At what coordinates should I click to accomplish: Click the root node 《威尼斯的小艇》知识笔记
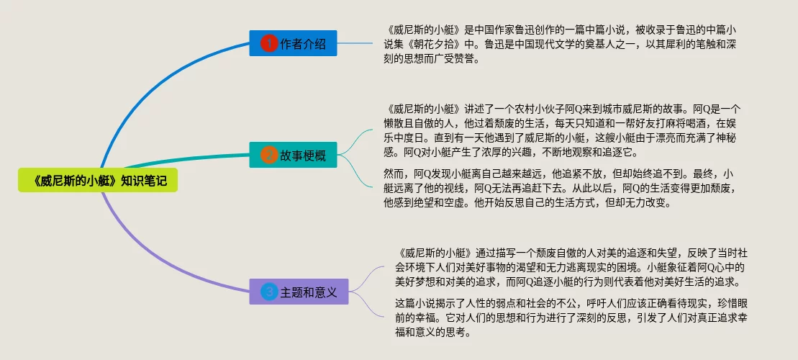(x=96, y=181)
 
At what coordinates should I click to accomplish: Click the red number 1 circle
(x=268, y=44)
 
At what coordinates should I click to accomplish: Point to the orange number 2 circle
(x=268, y=155)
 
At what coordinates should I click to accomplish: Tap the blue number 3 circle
(x=269, y=292)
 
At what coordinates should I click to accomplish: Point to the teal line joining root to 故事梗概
(x=180, y=163)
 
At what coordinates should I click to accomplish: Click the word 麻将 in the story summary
(x=659, y=125)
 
